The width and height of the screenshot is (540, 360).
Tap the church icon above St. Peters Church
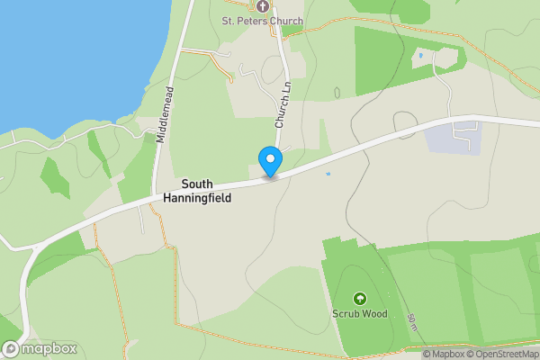(x=263, y=5)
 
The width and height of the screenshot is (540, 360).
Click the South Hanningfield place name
(x=197, y=191)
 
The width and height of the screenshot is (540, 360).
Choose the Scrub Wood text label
(x=359, y=314)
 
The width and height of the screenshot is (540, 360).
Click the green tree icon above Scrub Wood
(x=360, y=299)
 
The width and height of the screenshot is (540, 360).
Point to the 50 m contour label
(x=410, y=323)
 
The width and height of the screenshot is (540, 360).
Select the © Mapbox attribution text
(x=443, y=354)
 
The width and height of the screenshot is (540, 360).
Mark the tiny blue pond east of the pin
(x=328, y=173)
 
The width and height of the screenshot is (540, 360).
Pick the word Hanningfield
(x=197, y=198)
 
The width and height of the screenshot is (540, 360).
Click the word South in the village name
(x=197, y=184)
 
